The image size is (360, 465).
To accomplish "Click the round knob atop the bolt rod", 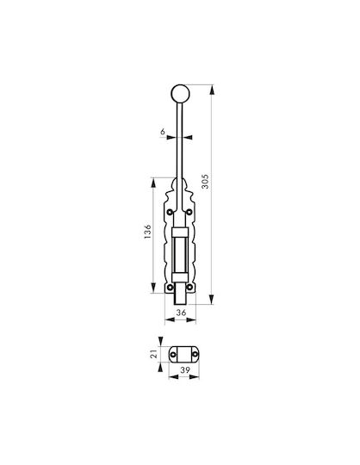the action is tap(180, 93).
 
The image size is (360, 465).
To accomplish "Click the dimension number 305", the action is tap(205, 182).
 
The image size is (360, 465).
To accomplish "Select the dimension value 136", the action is tap(147, 232).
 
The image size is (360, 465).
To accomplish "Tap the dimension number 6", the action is tap(163, 132).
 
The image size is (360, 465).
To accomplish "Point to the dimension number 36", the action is tap(181, 313).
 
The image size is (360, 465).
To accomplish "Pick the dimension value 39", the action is tap(185, 369).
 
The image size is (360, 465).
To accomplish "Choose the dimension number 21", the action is tap(153, 354).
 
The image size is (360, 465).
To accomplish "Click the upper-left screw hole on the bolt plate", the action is tap(170, 212).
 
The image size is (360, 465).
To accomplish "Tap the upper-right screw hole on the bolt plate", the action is tap(189, 212).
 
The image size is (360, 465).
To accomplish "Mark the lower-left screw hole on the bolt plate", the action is tap(170, 287).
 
